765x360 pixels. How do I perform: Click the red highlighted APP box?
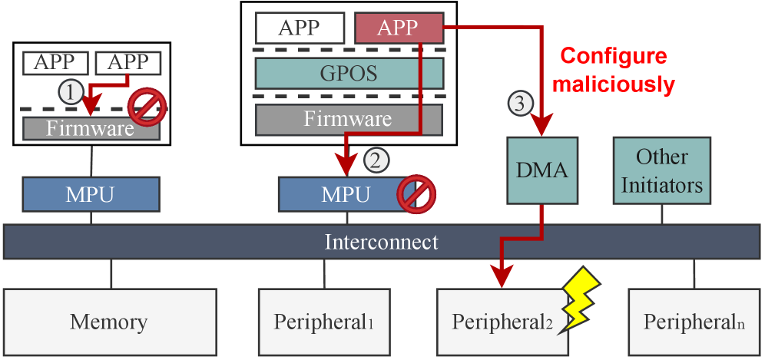(399, 28)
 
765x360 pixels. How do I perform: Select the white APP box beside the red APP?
(299, 28)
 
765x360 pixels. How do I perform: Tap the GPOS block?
(349, 74)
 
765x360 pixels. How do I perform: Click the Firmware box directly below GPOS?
(349, 119)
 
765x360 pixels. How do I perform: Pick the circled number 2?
(376, 160)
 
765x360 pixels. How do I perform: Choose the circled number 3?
(520, 102)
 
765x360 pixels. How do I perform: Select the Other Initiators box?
(661, 170)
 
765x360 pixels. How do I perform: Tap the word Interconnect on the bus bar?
(382, 243)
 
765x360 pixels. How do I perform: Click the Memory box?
(108, 321)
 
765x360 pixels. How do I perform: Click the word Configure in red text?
(612, 57)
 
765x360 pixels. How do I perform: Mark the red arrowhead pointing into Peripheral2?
(502, 277)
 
